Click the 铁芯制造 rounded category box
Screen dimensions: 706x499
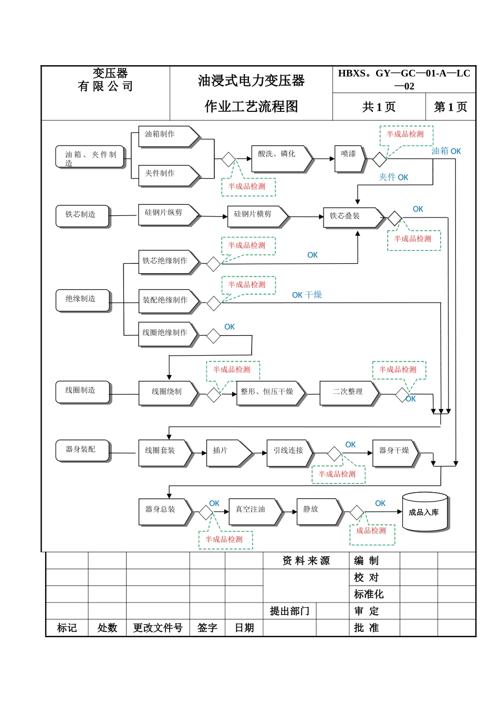[82, 215]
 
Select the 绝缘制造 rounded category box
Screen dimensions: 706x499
[82, 300]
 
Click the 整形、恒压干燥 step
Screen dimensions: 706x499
[270, 392]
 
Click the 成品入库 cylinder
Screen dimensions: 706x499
[424, 512]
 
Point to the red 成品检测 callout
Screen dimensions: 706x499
[372, 532]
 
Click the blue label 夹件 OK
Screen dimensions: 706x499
[393, 178]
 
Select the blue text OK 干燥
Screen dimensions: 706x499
[307, 295]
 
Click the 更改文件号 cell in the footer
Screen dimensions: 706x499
[158, 628]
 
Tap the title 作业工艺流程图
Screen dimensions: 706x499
[251, 107]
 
